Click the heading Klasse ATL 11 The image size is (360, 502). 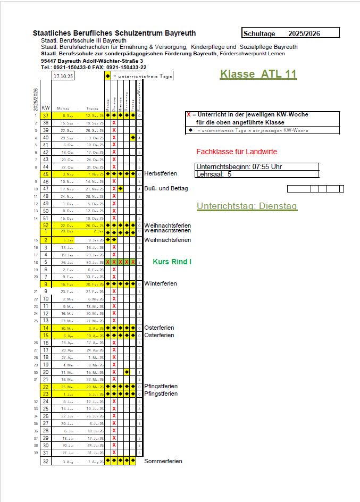click(x=258, y=74)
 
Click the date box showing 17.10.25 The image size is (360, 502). click(x=63, y=76)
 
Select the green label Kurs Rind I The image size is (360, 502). click(x=172, y=262)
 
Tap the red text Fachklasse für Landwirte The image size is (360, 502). click(x=237, y=152)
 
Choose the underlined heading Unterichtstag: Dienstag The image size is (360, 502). click(x=247, y=206)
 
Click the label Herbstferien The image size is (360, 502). click(x=161, y=174)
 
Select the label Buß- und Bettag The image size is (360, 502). click(x=166, y=188)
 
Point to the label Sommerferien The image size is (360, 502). click(x=163, y=461)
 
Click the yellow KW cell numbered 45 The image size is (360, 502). click(x=46, y=174)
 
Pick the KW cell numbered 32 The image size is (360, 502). click(x=46, y=461)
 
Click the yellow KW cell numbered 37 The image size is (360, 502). click(x=46, y=115)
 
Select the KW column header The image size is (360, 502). click(x=46, y=107)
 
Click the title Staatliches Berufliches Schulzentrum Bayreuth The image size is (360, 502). click(x=114, y=33)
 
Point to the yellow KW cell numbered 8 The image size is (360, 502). click(x=46, y=284)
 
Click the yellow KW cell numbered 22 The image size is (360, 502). click(x=46, y=387)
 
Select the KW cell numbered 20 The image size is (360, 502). click(x=46, y=372)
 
